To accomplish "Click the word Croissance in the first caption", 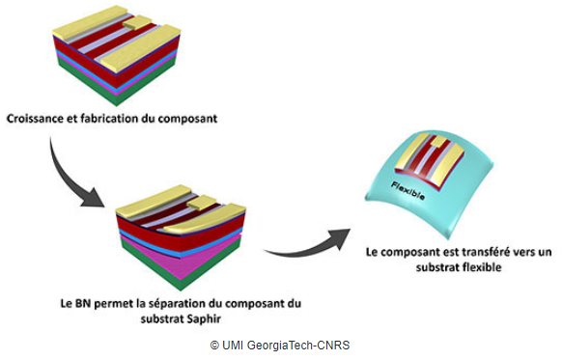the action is tap(35, 119).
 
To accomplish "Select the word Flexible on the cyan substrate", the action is tap(408, 191).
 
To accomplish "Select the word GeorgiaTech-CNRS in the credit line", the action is tap(297, 346).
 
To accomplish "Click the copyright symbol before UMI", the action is tap(214, 346).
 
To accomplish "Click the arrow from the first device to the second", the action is tap(64, 180).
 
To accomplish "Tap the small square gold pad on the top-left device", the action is tap(138, 22).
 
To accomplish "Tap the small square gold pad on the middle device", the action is tap(202, 203).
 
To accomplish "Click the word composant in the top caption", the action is tap(187, 120).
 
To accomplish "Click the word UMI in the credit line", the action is tap(233, 346).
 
